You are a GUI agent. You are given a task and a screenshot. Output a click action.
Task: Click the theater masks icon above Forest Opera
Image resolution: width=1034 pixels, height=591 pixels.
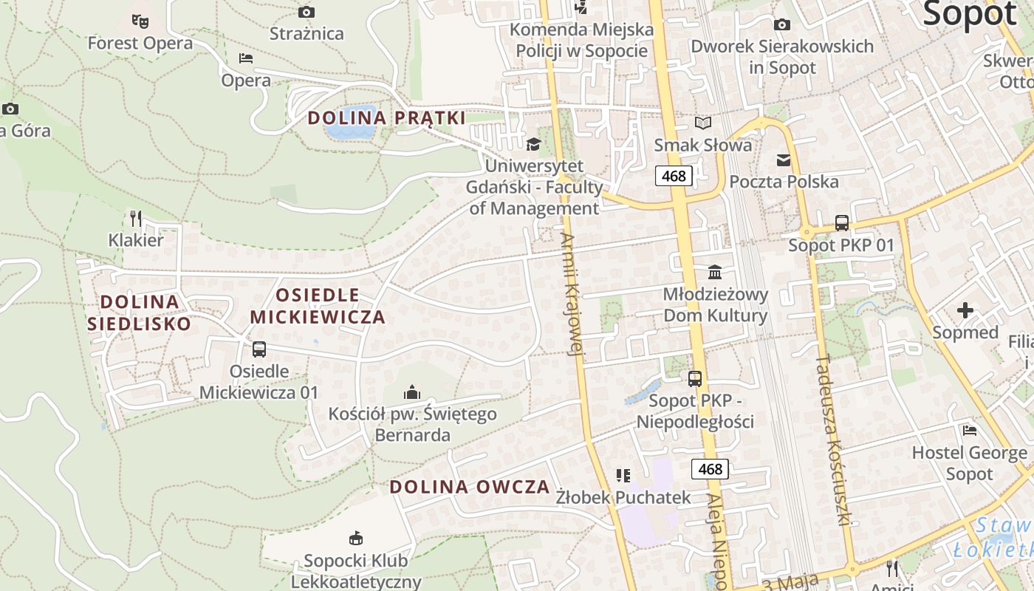[140, 21]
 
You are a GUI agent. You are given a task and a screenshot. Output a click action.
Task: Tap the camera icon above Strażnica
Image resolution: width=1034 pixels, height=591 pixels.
[307, 12]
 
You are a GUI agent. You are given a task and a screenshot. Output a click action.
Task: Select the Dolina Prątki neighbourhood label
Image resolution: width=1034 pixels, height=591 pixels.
[386, 117]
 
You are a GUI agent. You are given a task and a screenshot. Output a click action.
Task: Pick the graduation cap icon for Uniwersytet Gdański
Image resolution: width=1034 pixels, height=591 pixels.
[533, 143]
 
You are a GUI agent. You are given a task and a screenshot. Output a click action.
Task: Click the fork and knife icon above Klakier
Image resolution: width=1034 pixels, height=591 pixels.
[135, 218]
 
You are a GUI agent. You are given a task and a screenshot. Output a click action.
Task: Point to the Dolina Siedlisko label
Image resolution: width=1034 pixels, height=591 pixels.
[140, 312]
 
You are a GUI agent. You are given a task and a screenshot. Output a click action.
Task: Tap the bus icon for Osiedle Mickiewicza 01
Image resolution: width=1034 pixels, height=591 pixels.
[258, 349]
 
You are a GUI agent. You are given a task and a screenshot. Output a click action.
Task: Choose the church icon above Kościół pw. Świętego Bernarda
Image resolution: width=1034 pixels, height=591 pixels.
[412, 392]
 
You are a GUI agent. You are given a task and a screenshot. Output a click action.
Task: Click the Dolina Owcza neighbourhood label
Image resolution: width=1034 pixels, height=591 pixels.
[470, 487]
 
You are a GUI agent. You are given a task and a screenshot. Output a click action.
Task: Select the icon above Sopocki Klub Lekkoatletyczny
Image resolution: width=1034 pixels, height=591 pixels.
[356, 537]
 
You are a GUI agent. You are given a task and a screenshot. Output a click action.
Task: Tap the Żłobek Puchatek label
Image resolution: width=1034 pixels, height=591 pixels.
[623, 497]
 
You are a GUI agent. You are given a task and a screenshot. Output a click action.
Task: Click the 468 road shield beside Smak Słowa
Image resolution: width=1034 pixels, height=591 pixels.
[674, 176]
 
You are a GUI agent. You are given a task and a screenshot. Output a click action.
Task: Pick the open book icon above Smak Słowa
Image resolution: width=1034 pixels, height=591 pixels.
[703, 123]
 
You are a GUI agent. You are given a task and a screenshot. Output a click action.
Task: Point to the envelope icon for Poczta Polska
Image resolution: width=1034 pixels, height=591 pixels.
[783, 160]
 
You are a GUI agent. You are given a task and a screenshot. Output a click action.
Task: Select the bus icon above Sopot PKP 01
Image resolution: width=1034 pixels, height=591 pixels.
[841, 222]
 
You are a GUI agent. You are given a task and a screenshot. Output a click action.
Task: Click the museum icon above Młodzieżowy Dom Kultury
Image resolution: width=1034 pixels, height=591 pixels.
[715, 272]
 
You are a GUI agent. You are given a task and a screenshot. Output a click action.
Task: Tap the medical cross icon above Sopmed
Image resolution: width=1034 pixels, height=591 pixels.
[965, 310]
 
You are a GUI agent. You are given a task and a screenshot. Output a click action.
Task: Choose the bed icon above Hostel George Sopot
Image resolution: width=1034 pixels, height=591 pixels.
[970, 430]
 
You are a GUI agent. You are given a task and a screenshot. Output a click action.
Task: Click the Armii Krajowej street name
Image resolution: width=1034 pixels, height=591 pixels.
[572, 295]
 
